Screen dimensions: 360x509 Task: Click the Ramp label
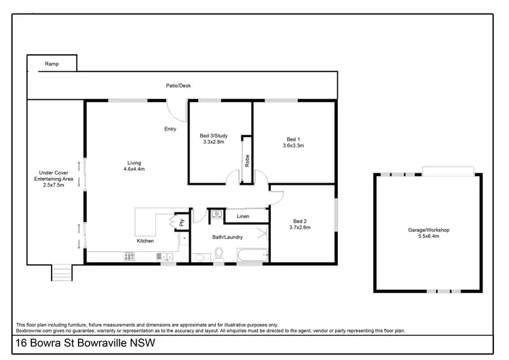52,64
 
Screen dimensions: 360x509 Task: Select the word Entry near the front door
170,129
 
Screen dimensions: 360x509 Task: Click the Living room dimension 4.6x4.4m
134,169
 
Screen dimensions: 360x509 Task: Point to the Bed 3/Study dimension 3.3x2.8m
213,142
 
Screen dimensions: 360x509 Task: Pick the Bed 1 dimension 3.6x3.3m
293,145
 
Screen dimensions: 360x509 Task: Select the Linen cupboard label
243,216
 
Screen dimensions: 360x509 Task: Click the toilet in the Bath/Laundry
219,255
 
